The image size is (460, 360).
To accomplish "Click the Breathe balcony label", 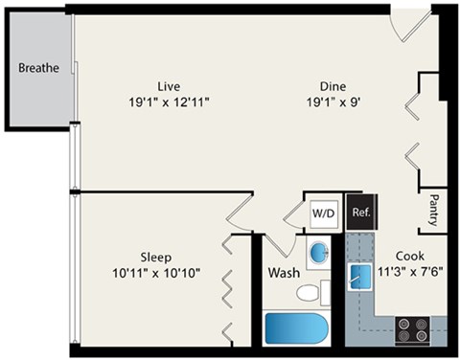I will (x=38, y=68).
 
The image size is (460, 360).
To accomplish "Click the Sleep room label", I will (x=156, y=257).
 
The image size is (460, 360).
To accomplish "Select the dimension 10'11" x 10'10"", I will (x=156, y=273).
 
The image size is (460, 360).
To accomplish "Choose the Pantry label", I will (x=434, y=212).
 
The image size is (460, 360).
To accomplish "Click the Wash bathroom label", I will (x=284, y=273).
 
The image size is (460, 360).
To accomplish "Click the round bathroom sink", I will (x=319, y=253).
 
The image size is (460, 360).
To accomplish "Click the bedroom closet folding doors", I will (x=229, y=287).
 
